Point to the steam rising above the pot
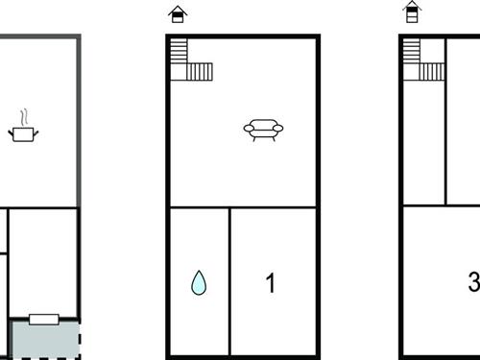(24, 117)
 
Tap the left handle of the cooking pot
(11, 132)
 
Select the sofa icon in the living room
(263, 130)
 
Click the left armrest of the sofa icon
(249, 129)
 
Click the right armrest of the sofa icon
(277, 129)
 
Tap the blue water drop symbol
(199, 283)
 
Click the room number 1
(271, 283)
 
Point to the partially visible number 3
(474, 281)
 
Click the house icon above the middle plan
(178, 14)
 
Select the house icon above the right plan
(412, 12)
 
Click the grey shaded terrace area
(45, 340)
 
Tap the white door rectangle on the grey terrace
(44, 320)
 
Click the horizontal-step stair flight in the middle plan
(179, 51)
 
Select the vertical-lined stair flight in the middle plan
(200, 72)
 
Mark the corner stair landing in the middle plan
(179, 72)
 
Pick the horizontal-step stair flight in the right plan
(412, 51)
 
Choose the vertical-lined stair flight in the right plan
(432, 72)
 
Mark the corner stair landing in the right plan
(412, 72)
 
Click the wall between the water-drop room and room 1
(229, 281)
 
